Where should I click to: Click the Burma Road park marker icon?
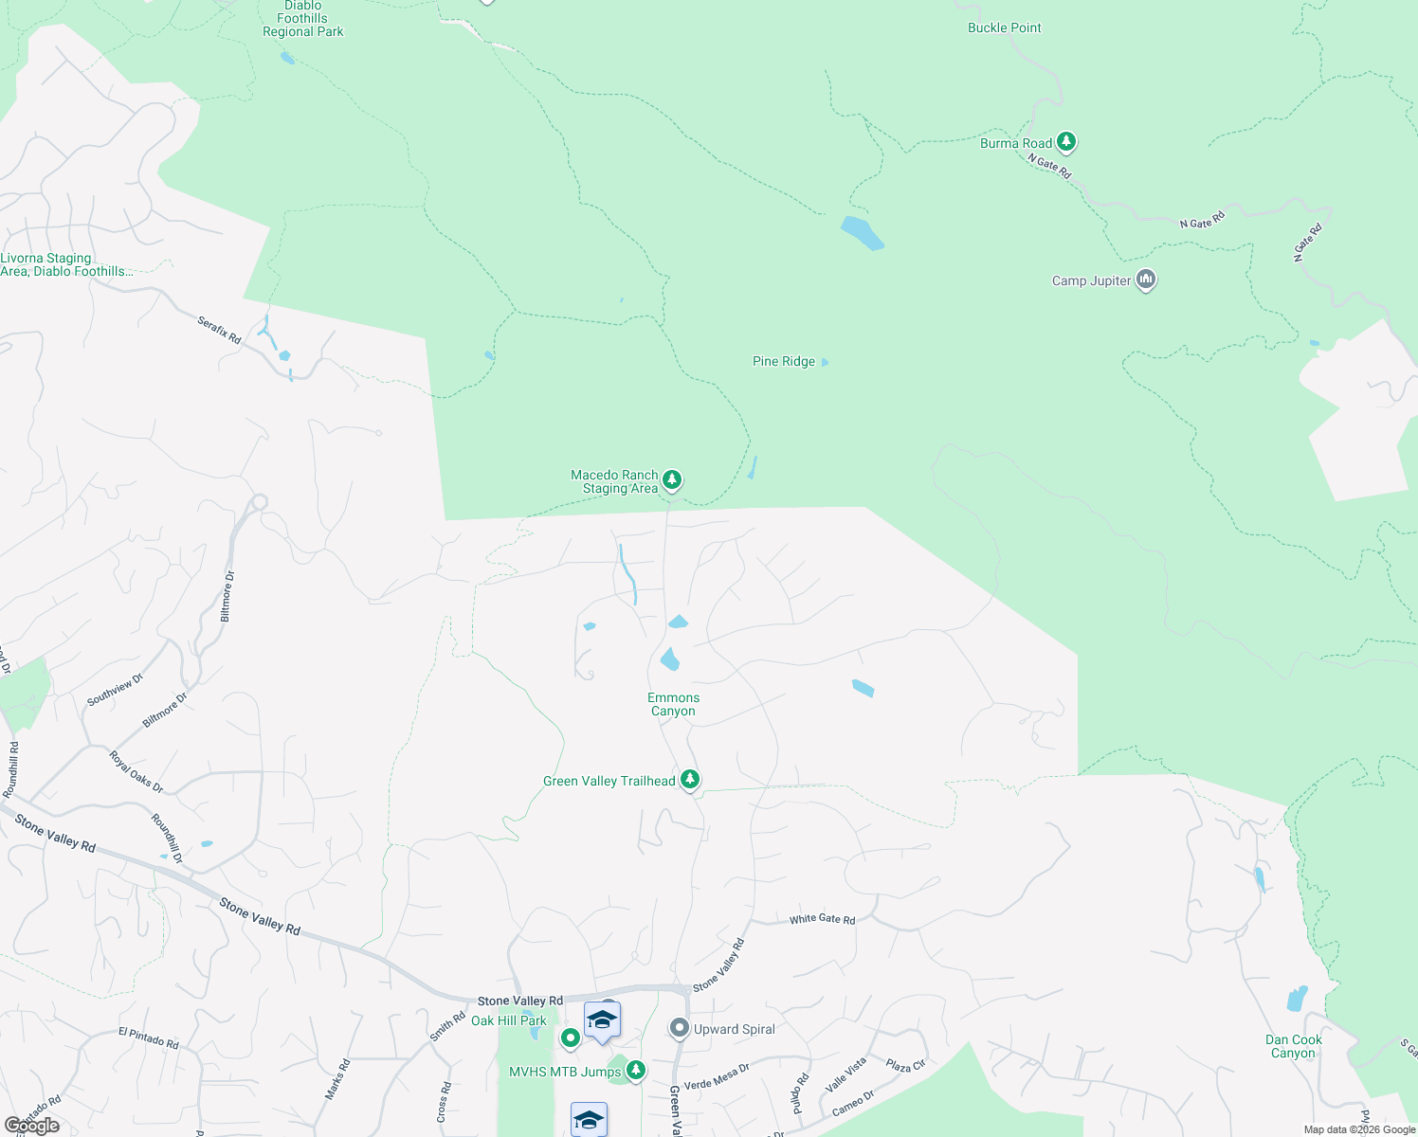coord(1066,142)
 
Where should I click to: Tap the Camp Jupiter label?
coord(1091,280)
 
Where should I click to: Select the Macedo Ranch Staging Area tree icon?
coord(672,480)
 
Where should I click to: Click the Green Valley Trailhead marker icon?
coord(690,780)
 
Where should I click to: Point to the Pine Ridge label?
coord(784,361)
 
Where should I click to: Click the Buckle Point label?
coord(1004,27)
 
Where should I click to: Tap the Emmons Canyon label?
coord(673,704)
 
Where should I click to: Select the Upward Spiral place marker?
coord(679,1028)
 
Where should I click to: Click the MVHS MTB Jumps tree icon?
coord(636,1071)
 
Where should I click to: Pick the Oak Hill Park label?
coord(509,1020)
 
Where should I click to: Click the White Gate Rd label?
coord(822,919)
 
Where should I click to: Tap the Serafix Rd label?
coord(219,330)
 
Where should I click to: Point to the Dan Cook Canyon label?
coord(1293,1046)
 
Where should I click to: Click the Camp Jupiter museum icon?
coord(1146,280)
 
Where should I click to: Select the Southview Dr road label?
coord(115,689)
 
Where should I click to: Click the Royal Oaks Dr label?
coord(136,771)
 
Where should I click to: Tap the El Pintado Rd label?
coord(148,1038)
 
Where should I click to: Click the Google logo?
coord(32,1126)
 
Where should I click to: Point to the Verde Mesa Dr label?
coord(717,1075)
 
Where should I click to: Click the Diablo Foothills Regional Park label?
coord(302,19)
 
